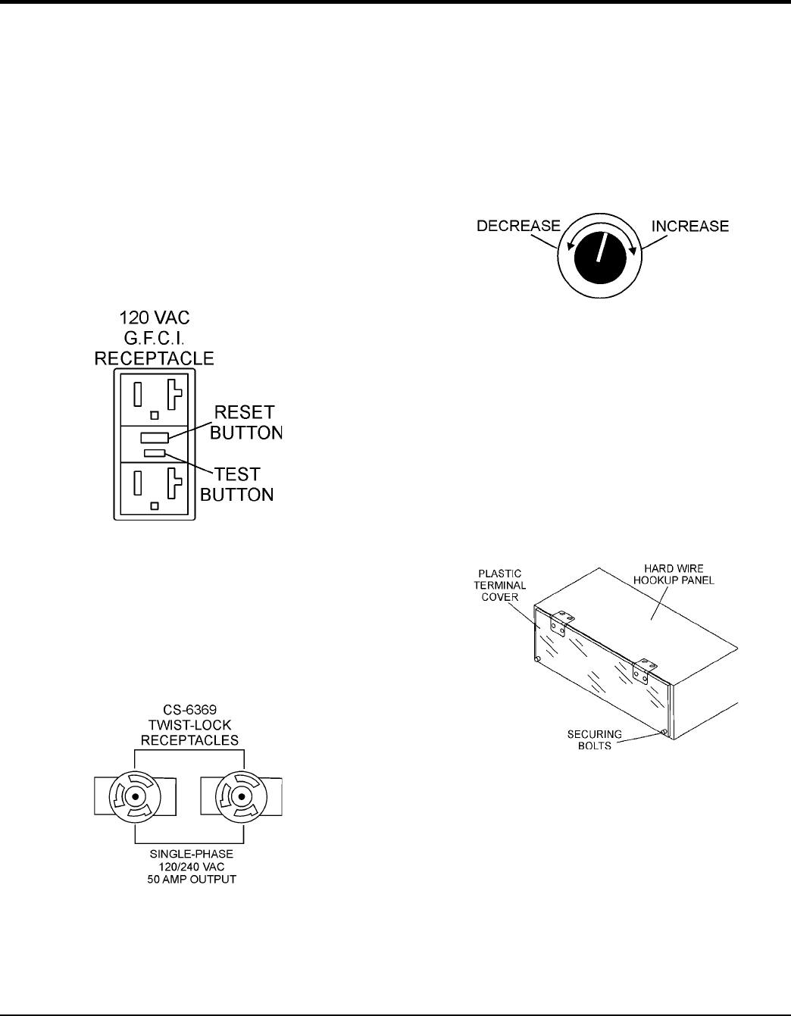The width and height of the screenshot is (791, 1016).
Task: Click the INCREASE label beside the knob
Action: click(689, 226)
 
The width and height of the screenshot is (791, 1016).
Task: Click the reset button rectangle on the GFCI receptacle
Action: click(155, 438)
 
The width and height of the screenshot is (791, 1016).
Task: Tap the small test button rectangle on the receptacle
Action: click(155, 453)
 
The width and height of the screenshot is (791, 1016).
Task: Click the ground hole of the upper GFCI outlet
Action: click(155, 414)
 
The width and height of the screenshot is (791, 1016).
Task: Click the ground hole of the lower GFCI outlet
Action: click(155, 504)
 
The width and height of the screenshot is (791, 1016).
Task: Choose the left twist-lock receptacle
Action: click(136, 798)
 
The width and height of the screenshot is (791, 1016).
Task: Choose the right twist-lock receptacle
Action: click(242, 798)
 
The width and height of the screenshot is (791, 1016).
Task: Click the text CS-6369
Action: click(189, 711)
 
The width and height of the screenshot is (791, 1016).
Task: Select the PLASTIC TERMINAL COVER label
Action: click(502, 585)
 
